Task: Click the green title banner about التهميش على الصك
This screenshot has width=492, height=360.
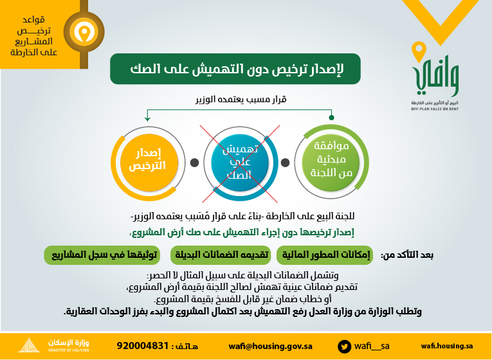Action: click(x=235, y=69)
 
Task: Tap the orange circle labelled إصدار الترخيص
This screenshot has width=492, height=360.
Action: click(x=149, y=163)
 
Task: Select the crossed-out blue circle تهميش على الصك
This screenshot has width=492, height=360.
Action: click(x=240, y=163)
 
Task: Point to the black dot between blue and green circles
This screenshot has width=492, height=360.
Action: click(x=285, y=163)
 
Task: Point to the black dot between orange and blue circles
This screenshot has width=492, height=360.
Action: click(x=194, y=163)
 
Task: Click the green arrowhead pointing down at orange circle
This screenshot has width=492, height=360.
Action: click(x=147, y=119)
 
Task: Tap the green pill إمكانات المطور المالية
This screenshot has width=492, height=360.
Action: click(x=324, y=255)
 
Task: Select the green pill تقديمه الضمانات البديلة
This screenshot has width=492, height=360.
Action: click(x=221, y=255)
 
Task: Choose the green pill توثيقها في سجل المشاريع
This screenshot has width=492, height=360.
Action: click(x=102, y=255)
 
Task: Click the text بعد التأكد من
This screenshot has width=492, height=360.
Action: click(x=407, y=255)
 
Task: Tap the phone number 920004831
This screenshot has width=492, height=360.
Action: click(x=143, y=346)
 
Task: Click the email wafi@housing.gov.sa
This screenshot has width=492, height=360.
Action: click(x=270, y=346)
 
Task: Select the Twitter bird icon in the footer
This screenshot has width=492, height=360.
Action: click(x=345, y=346)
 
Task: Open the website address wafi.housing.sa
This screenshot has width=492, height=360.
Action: click(x=447, y=346)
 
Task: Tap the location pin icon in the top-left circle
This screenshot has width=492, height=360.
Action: click(x=84, y=32)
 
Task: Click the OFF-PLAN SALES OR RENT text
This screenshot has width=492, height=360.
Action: click(x=435, y=109)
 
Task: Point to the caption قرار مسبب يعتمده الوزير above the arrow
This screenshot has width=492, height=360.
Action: click(x=241, y=100)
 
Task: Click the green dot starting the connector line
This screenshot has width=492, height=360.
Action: click(x=331, y=118)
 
